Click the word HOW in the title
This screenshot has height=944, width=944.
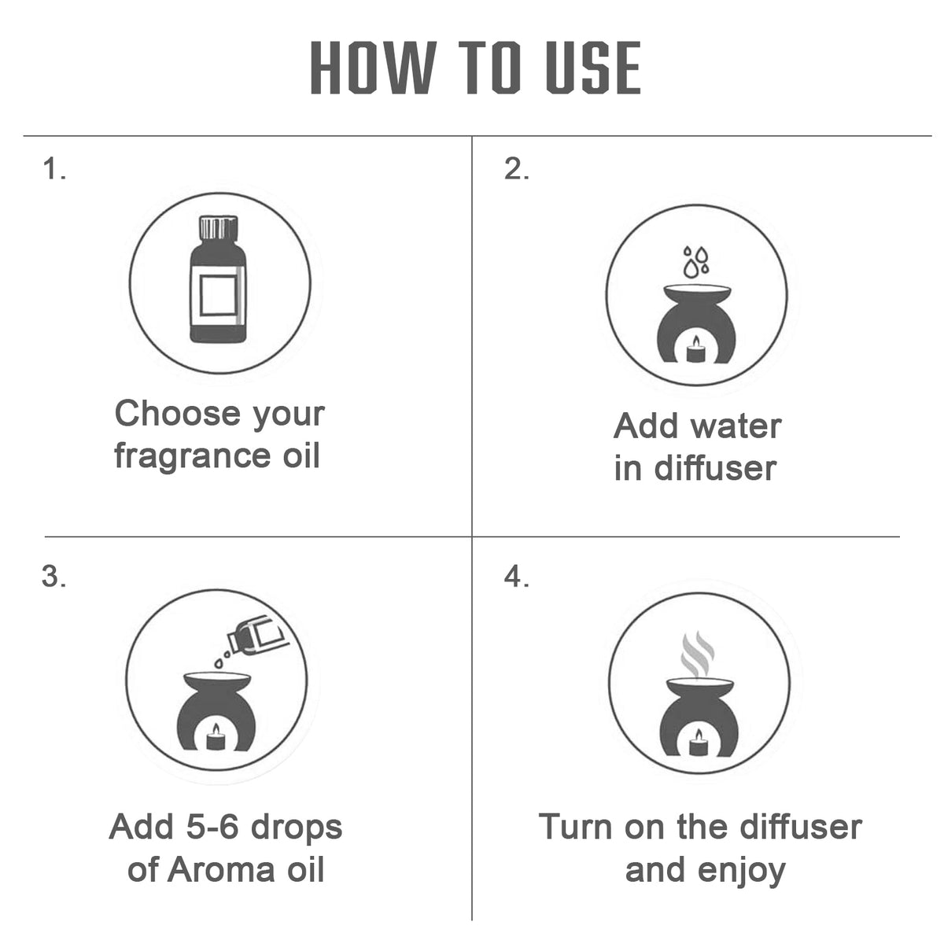373,68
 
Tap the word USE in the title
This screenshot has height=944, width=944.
593,68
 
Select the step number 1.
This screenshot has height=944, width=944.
54,169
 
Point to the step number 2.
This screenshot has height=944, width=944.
516,169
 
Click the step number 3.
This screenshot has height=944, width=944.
54,576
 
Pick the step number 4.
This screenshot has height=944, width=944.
516,576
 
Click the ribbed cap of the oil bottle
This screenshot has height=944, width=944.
219,227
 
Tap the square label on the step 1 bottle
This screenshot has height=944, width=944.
219,296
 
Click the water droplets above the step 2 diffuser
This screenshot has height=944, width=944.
696,262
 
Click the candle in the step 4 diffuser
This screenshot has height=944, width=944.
699,742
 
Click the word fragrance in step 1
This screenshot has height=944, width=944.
193,456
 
